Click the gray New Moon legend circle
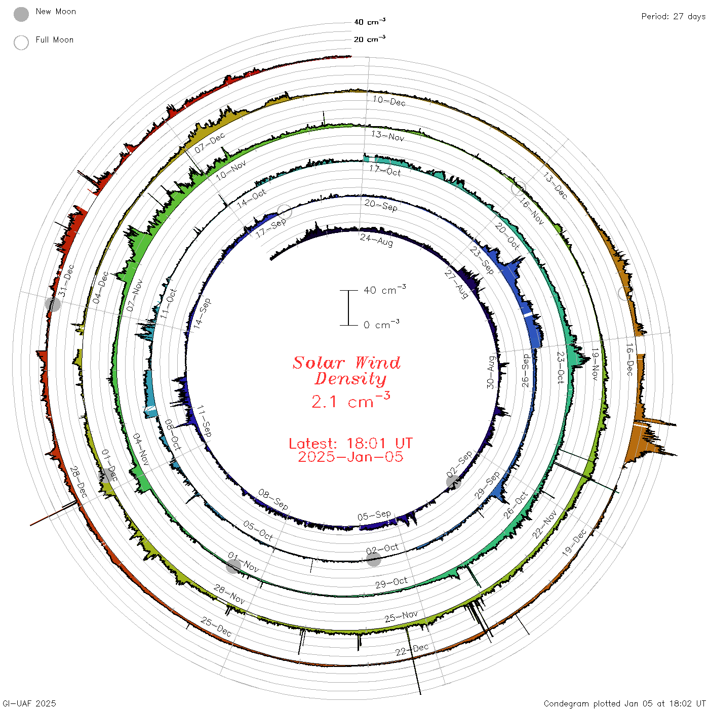[21, 14]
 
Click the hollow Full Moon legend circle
[21, 43]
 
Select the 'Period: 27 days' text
[673, 17]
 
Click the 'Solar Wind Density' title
[346, 371]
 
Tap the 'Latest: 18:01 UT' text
[350, 443]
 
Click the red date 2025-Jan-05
[350, 457]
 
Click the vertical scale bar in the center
[348, 307]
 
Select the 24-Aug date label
[376, 240]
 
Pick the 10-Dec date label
[389, 101]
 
